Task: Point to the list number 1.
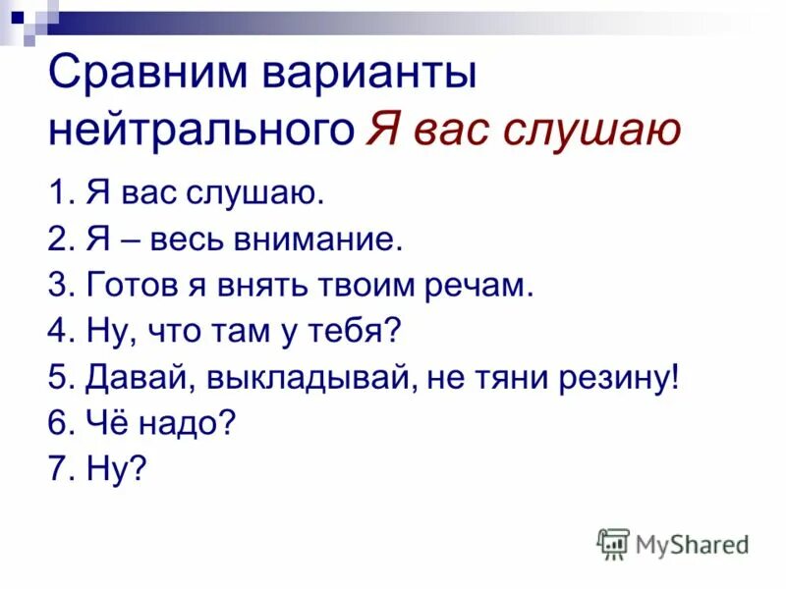click(x=57, y=193)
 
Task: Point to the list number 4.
click(x=57, y=332)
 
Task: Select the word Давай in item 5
click(x=127, y=378)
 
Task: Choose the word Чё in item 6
click(x=104, y=424)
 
